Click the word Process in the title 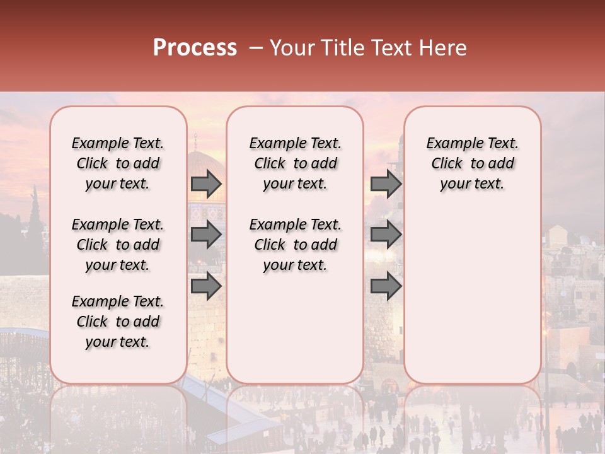pyautogui.click(x=195, y=47)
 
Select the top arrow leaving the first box pyautogui.click(x=206, y=183)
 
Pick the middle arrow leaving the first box pyautogui.click(x=206, y=235)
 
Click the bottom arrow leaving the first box pyautogui.click(x=206, y=287)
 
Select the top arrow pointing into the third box pyautogui.click(x=386, y=183)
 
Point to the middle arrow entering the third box pyautogui.click(x=386, y=235)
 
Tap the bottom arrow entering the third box pyautogui.click(x=386, y=287)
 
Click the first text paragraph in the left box pyautogui.click(x=118, y=163)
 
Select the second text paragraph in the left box pyautogui.click(x=118, y=245)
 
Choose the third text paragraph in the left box pyautogui.click(x=118, y=322)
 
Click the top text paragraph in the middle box pyautogui.click(x=295, y=163)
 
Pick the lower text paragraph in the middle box pyautogui.click(x=295, y=245)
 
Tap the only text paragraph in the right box pyautogui.click(x=472, y=163)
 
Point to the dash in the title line pyautogui.click(x=256, y=48)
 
